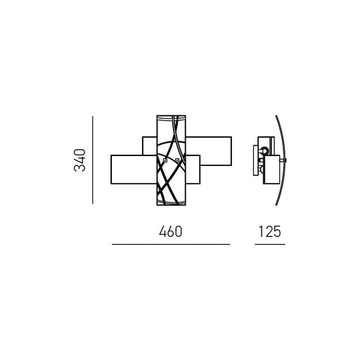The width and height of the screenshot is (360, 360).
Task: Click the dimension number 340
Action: [x=79, y=160]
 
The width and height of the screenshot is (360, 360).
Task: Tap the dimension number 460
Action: [x=170, y=231]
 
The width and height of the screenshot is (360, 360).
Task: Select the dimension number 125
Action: [x=269, y=231]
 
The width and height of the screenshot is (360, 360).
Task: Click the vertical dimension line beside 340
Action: [x=93, y=160]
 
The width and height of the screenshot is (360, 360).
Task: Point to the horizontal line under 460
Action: [x=171, y=244]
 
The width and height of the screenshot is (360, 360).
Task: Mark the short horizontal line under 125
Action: [x=270, y=244]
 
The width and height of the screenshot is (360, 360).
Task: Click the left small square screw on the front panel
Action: [x=165, y=160]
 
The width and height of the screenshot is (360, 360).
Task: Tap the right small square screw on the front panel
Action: [x=177, y=160]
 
